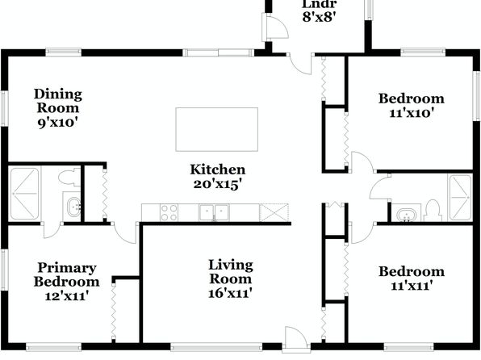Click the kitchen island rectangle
click(x=216, y=129)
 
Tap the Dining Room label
click(x=58, y=108)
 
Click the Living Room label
click(x=231, y=278)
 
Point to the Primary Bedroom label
click(x=66, y=282)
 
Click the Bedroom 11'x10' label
click(x=412, y=106)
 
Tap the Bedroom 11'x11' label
click(x=412, y=278)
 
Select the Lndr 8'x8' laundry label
click(x=320, y=11)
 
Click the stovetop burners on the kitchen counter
click(x=169, y=212)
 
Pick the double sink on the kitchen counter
click(x=214, y=212)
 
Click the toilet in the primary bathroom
click(x=69, y=177)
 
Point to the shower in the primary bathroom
click(x=25, y=194)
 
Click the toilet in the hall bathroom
click(x=433, y=210)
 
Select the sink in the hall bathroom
click(x=406, y=214)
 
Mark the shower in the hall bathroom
click(x=459, y=198)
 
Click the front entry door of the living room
click(x=295, y=338)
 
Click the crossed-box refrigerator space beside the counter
click(x=274, y=212)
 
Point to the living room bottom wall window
click(x=216, y=347)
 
